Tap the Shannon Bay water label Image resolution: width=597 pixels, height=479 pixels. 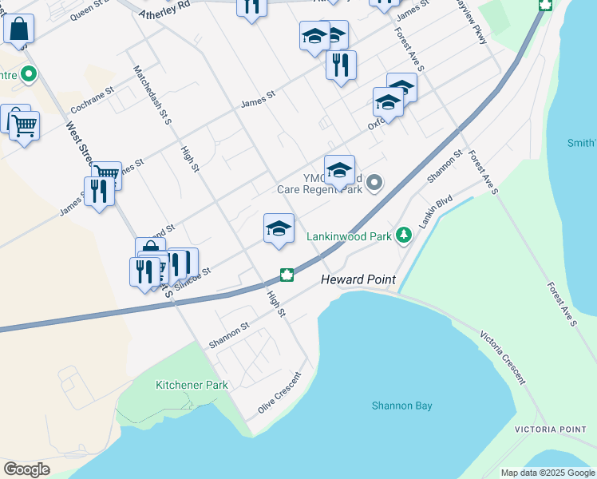[x=401, y=406]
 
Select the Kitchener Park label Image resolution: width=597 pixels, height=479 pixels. [x=192, y=385]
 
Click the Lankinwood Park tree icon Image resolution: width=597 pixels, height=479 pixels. [x=404, y=236]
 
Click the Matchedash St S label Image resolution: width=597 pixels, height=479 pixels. [x=153, y=94]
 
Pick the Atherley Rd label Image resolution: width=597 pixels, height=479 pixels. [x=164, y=10]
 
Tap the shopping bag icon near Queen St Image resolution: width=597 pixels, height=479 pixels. [x=18, y=30]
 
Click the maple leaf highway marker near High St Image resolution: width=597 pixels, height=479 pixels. [x=287, y=275]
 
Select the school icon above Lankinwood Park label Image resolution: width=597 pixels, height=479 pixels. [x=279, y=228]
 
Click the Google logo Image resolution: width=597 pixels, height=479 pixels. [x=26, y=469]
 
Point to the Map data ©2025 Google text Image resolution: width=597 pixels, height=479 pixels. [x=547, y=473]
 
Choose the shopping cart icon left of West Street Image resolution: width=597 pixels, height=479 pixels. [x=24, y=125]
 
